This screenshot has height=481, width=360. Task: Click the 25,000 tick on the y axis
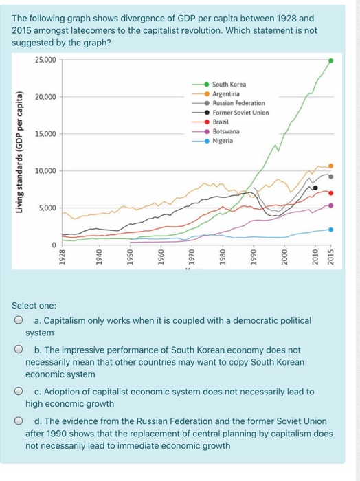point(47,60)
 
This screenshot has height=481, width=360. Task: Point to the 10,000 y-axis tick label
point(47,170)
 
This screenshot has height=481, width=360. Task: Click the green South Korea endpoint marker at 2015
point(331,60)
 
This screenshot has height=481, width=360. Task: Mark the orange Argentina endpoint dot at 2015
point(331,166)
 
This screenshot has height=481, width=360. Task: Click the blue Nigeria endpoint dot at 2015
point(331,230)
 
